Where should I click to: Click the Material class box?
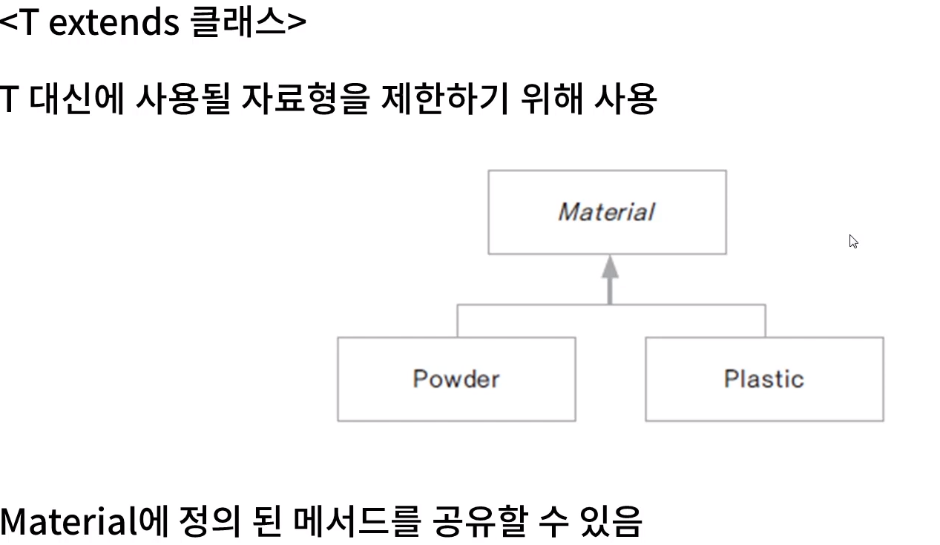pyautogui.click(x=607, y=212)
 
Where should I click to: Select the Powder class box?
pyautogui.click(x=456, y=379)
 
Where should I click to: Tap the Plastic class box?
pyautogui.click(x=764, y=379)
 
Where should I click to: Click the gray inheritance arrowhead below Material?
pyautogui.click(x=610, y=268)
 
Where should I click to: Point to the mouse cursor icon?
pyautogui.click(x=853, y=241)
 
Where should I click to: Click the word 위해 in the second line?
pyautogui.click(x=551, y=99)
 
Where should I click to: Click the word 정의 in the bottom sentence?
pyautogui.click(x=210, y=521)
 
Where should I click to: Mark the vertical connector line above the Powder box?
pyautogui.click(x=457, y=321)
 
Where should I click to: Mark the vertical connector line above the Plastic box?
pyautogui.click(x=765, y=321)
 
